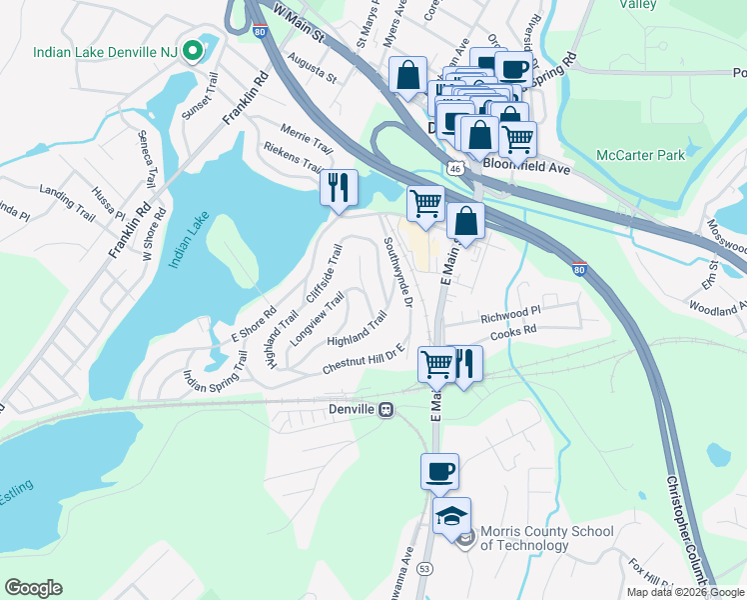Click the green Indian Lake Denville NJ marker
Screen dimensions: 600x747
189,51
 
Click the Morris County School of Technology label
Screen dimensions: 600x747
539,538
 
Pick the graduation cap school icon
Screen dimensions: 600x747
451,515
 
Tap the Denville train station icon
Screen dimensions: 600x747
385,410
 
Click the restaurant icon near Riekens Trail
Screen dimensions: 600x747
338,187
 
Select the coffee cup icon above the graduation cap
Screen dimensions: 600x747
440,471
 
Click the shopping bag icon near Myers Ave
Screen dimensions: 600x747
407,75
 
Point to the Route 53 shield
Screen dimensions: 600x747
424,568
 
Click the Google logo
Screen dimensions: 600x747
33,588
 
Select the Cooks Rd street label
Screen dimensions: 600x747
515,329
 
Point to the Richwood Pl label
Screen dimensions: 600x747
509,312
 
